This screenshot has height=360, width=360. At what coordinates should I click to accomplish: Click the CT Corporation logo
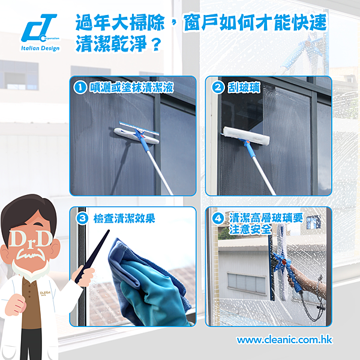pos(39,29)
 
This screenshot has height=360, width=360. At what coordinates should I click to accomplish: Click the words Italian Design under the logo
pos(40,48)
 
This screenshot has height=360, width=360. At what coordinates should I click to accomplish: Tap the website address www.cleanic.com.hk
pos(284,340)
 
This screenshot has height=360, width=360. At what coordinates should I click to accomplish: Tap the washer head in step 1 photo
pos(137,133)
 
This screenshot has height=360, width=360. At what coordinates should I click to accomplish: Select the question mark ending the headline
pos(157,44)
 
